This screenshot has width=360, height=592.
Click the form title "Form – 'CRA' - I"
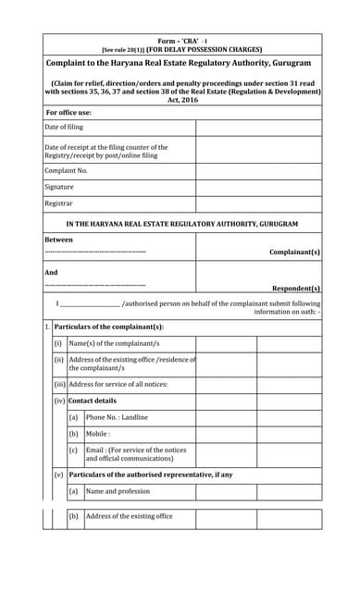tap(180, 41)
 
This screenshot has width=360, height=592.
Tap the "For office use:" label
tap(68, 113)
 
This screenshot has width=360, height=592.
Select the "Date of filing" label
tap(64, 127)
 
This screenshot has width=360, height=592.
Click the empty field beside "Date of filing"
tap(258, 128)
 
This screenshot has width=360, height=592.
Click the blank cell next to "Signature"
tap(258, 186)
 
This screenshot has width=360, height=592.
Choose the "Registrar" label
tap(58, 203)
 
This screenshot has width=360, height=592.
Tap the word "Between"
tap(58, 239)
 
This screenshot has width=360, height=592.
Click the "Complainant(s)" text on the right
tap(294, 252)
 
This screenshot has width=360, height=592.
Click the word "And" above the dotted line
tap(51, 273)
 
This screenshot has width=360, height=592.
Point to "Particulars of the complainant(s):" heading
tap(109, 327)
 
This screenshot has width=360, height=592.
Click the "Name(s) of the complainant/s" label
tap(115, 343)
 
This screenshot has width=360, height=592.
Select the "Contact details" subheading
tap(93, 401)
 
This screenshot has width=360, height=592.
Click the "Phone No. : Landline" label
tap(117, 417)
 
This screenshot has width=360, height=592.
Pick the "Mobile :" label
tap(99, 433)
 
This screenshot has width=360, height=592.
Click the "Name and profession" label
tap(118, 491)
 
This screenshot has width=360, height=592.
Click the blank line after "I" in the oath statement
tap(91, 302)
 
